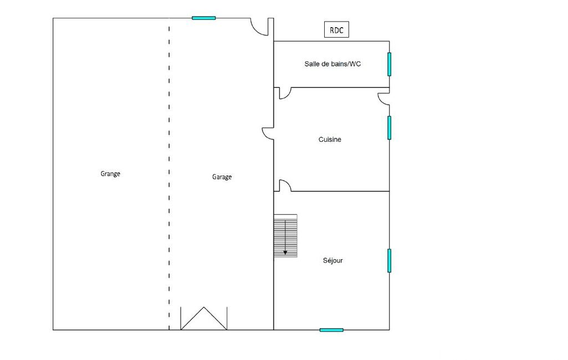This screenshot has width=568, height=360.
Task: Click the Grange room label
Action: (110, 174)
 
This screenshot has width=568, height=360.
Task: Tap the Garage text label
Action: (222, 177)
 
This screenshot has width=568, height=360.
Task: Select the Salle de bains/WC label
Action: (332, 64)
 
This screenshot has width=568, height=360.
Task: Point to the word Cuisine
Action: (330, 140)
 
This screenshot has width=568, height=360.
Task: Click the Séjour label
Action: (332, 260)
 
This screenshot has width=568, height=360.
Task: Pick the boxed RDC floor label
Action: (336, 30)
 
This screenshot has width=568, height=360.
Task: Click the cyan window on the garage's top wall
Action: (203, 18)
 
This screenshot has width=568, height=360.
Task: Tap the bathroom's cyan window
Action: (390, 64)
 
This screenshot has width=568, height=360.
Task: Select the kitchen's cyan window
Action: (390, 127)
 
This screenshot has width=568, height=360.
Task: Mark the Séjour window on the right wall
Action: (390, 260)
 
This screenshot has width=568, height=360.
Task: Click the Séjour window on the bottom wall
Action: (331, 330)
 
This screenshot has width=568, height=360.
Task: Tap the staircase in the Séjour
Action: (285, 236)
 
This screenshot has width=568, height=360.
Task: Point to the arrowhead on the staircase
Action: (285, 253)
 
